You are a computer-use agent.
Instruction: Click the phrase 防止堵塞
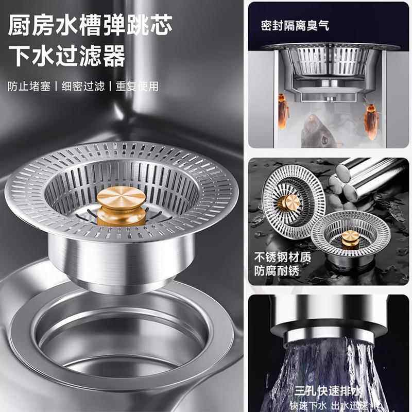coord(29,86)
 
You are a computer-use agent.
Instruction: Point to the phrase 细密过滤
coord(83,86)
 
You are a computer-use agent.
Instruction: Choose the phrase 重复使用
coord(137,86)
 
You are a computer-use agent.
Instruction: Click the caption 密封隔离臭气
coord(295,25)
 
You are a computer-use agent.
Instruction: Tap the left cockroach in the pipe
coord(284,111)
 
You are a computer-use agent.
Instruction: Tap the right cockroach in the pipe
coord(371,121)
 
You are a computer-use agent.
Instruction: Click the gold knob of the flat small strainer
coord(350,237)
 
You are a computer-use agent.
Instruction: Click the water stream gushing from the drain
coord(330,360)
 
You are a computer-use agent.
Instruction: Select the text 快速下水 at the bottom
coord(307,405)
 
